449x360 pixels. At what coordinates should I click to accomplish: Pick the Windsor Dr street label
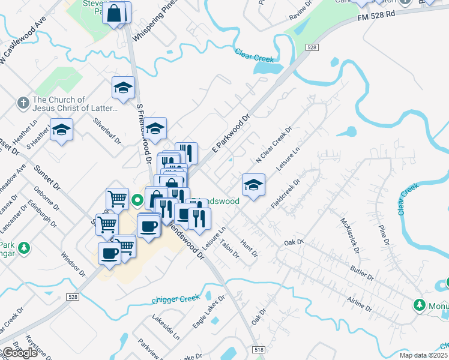[x=70, y=265]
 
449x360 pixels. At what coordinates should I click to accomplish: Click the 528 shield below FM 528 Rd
[x=311, y=47]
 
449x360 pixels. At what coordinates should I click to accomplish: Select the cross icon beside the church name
[x=23, y=103]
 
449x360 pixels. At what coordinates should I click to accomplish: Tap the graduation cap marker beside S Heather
[x=61, y=130]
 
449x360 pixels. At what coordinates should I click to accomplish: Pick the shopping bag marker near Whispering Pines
[x=114, y=13]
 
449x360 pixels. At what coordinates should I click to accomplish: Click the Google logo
[x=20, y=353]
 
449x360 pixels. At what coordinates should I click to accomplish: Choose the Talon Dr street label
[x=229, y=248]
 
